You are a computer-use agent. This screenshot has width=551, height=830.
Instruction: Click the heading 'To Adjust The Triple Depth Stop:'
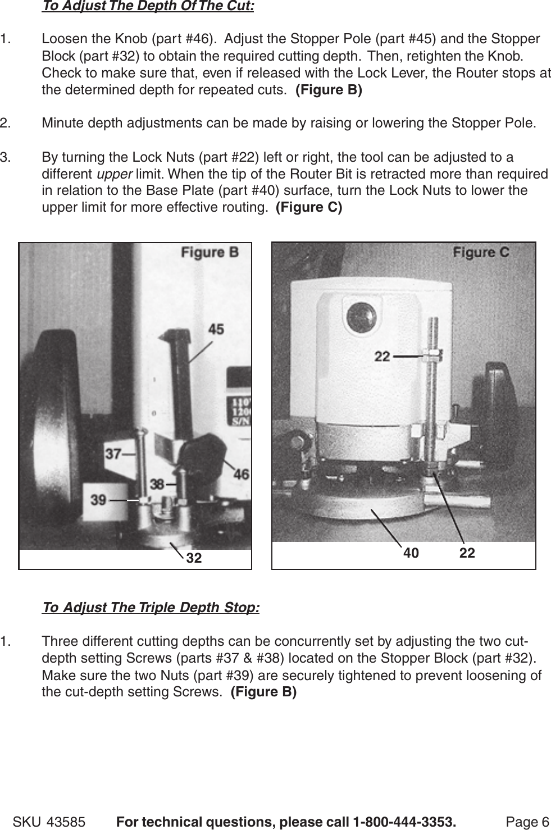(151, 608)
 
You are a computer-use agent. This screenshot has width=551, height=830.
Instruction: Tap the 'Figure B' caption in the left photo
(209, 253)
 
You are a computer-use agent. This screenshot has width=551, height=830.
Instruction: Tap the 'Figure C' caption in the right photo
(481, 252)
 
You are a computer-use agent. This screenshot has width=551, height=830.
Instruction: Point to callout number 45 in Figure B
(216, 330)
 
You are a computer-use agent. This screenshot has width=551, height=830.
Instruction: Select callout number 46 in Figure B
(241, 475)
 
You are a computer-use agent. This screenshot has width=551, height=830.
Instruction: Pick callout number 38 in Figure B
(157, 483)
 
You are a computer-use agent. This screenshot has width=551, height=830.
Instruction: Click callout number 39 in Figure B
(98, 499)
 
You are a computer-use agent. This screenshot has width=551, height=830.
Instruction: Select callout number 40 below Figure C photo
(411, 553)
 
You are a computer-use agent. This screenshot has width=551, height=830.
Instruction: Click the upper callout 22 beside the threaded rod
(382, 356)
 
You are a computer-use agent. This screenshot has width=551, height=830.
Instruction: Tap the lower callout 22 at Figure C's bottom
(467, 553)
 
